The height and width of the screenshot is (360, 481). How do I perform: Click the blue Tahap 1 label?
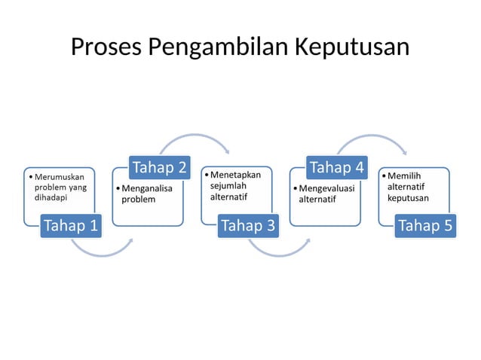tap(70, 225)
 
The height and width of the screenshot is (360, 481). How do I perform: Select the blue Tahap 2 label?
tap(159, 166)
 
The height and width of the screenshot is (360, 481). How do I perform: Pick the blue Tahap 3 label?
tap(248, 225)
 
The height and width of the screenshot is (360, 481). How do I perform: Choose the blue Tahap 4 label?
tap(337, 166)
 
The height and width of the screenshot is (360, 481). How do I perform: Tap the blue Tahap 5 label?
tap(426, 225)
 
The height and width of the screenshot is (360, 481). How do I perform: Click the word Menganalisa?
tap(148, 188)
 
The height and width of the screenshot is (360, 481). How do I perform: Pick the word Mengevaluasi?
tap(326, 188)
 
